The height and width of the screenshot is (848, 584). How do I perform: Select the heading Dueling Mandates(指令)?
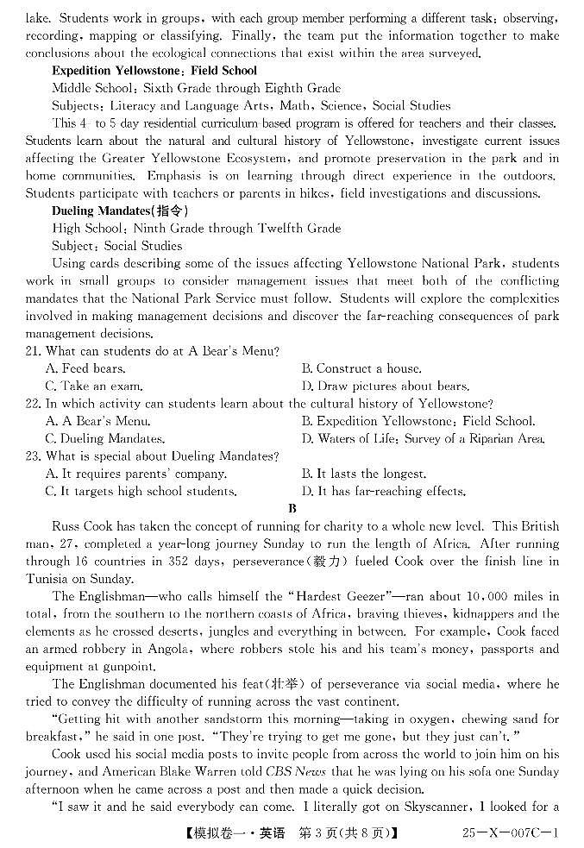point(120,210)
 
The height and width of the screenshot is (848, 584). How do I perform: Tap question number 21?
point(34,351)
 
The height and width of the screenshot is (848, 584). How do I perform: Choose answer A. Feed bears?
point(85,368)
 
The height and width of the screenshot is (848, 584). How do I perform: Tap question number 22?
point(34,404)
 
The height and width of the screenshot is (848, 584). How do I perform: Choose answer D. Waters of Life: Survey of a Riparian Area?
point(423,439)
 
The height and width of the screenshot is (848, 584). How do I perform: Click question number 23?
point(34,456)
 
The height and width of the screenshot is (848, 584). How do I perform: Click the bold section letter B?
point(292,508)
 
